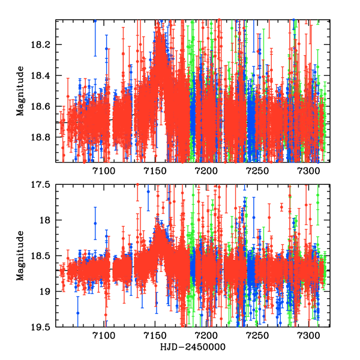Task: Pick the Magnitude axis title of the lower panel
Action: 20,256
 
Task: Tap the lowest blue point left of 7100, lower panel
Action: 77,313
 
